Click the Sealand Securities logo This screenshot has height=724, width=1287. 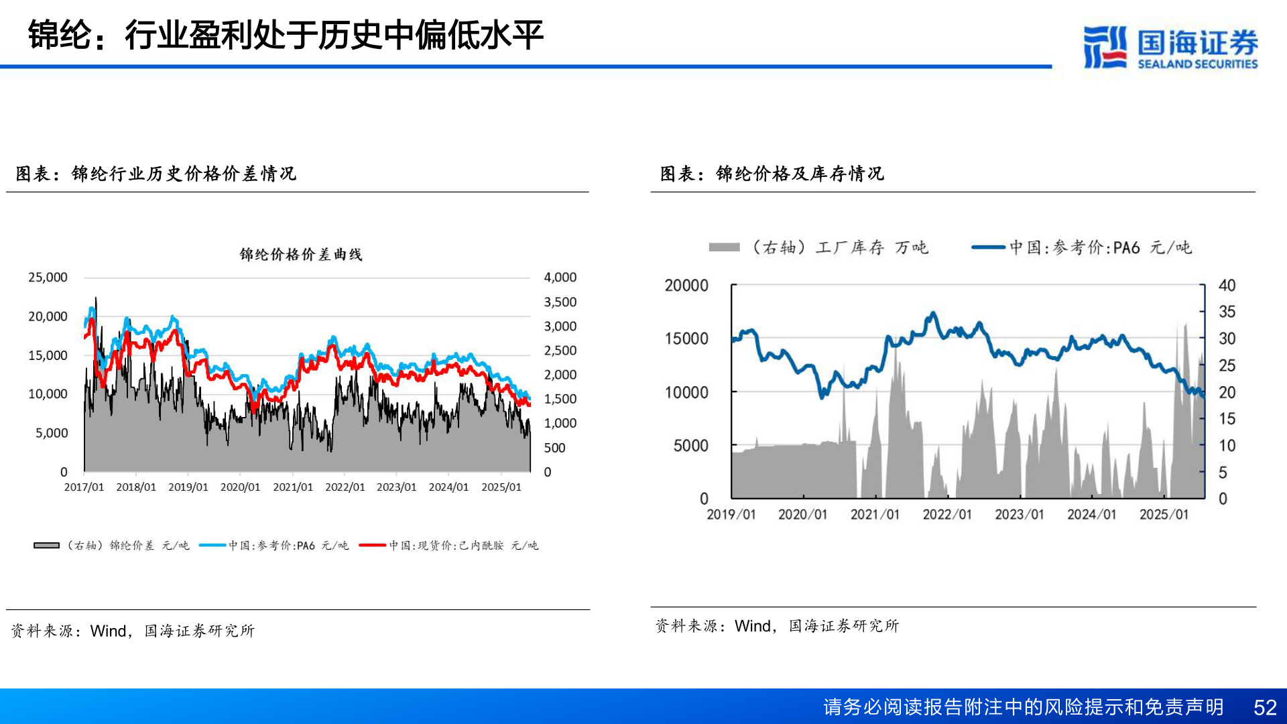tap(1170, 47)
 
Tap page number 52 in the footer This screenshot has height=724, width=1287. tap(1265, 707)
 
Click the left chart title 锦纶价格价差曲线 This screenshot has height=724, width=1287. tap(301, 255)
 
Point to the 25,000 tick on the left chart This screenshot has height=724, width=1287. tap(48, 278)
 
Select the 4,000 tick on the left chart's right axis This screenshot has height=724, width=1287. tap(560, 278)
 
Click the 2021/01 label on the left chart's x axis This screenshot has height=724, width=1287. tap(293, 487)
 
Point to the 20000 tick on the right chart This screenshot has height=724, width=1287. tap(686, 286)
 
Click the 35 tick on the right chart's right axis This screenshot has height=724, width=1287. tap(1227, 312)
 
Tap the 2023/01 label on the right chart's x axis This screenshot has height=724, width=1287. tap(1019, 515)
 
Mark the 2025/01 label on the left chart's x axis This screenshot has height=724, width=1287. tap(501, 487)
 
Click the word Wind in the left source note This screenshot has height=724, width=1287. tap(108, 631)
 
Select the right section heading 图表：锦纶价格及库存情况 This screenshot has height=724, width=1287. tap(772, 174)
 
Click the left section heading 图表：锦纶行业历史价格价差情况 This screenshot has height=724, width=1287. tap(156, 174)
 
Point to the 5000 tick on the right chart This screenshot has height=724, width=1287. tap(690, 446)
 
